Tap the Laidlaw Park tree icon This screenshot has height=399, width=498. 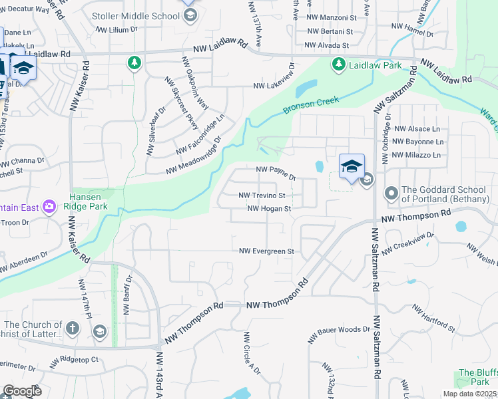pos(338,64)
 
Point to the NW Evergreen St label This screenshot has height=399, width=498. pos(267,251)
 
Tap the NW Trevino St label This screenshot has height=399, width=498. pos(262,196)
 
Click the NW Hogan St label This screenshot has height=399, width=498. pos(270,208)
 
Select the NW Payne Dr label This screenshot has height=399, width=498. pos(276,173)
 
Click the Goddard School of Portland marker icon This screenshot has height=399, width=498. pos(391,194)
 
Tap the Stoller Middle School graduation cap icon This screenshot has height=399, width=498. pos(190,15)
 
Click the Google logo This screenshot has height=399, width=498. pos(21,391)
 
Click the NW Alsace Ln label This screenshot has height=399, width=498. pos(417,129)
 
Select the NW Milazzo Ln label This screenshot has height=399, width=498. pos(417,155)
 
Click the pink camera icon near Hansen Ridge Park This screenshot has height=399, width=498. pos(49,207)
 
